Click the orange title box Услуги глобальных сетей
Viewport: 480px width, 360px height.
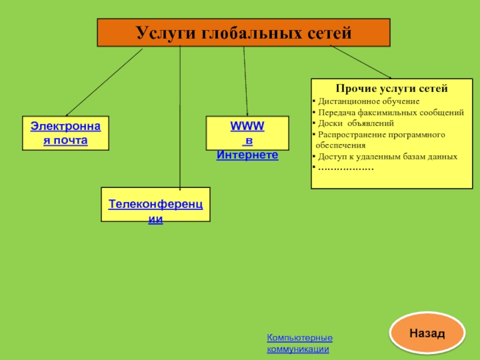coord(244,32)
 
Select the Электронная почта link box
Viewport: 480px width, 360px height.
coord(66,133)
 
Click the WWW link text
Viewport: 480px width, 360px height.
coord(247,127)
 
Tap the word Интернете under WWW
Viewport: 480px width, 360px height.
coord(247,155)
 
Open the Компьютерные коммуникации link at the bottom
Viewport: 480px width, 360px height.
coord(299,344)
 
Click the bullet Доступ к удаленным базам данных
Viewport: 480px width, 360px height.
coord(387,157)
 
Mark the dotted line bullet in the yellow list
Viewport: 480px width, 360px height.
coord(345,168)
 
